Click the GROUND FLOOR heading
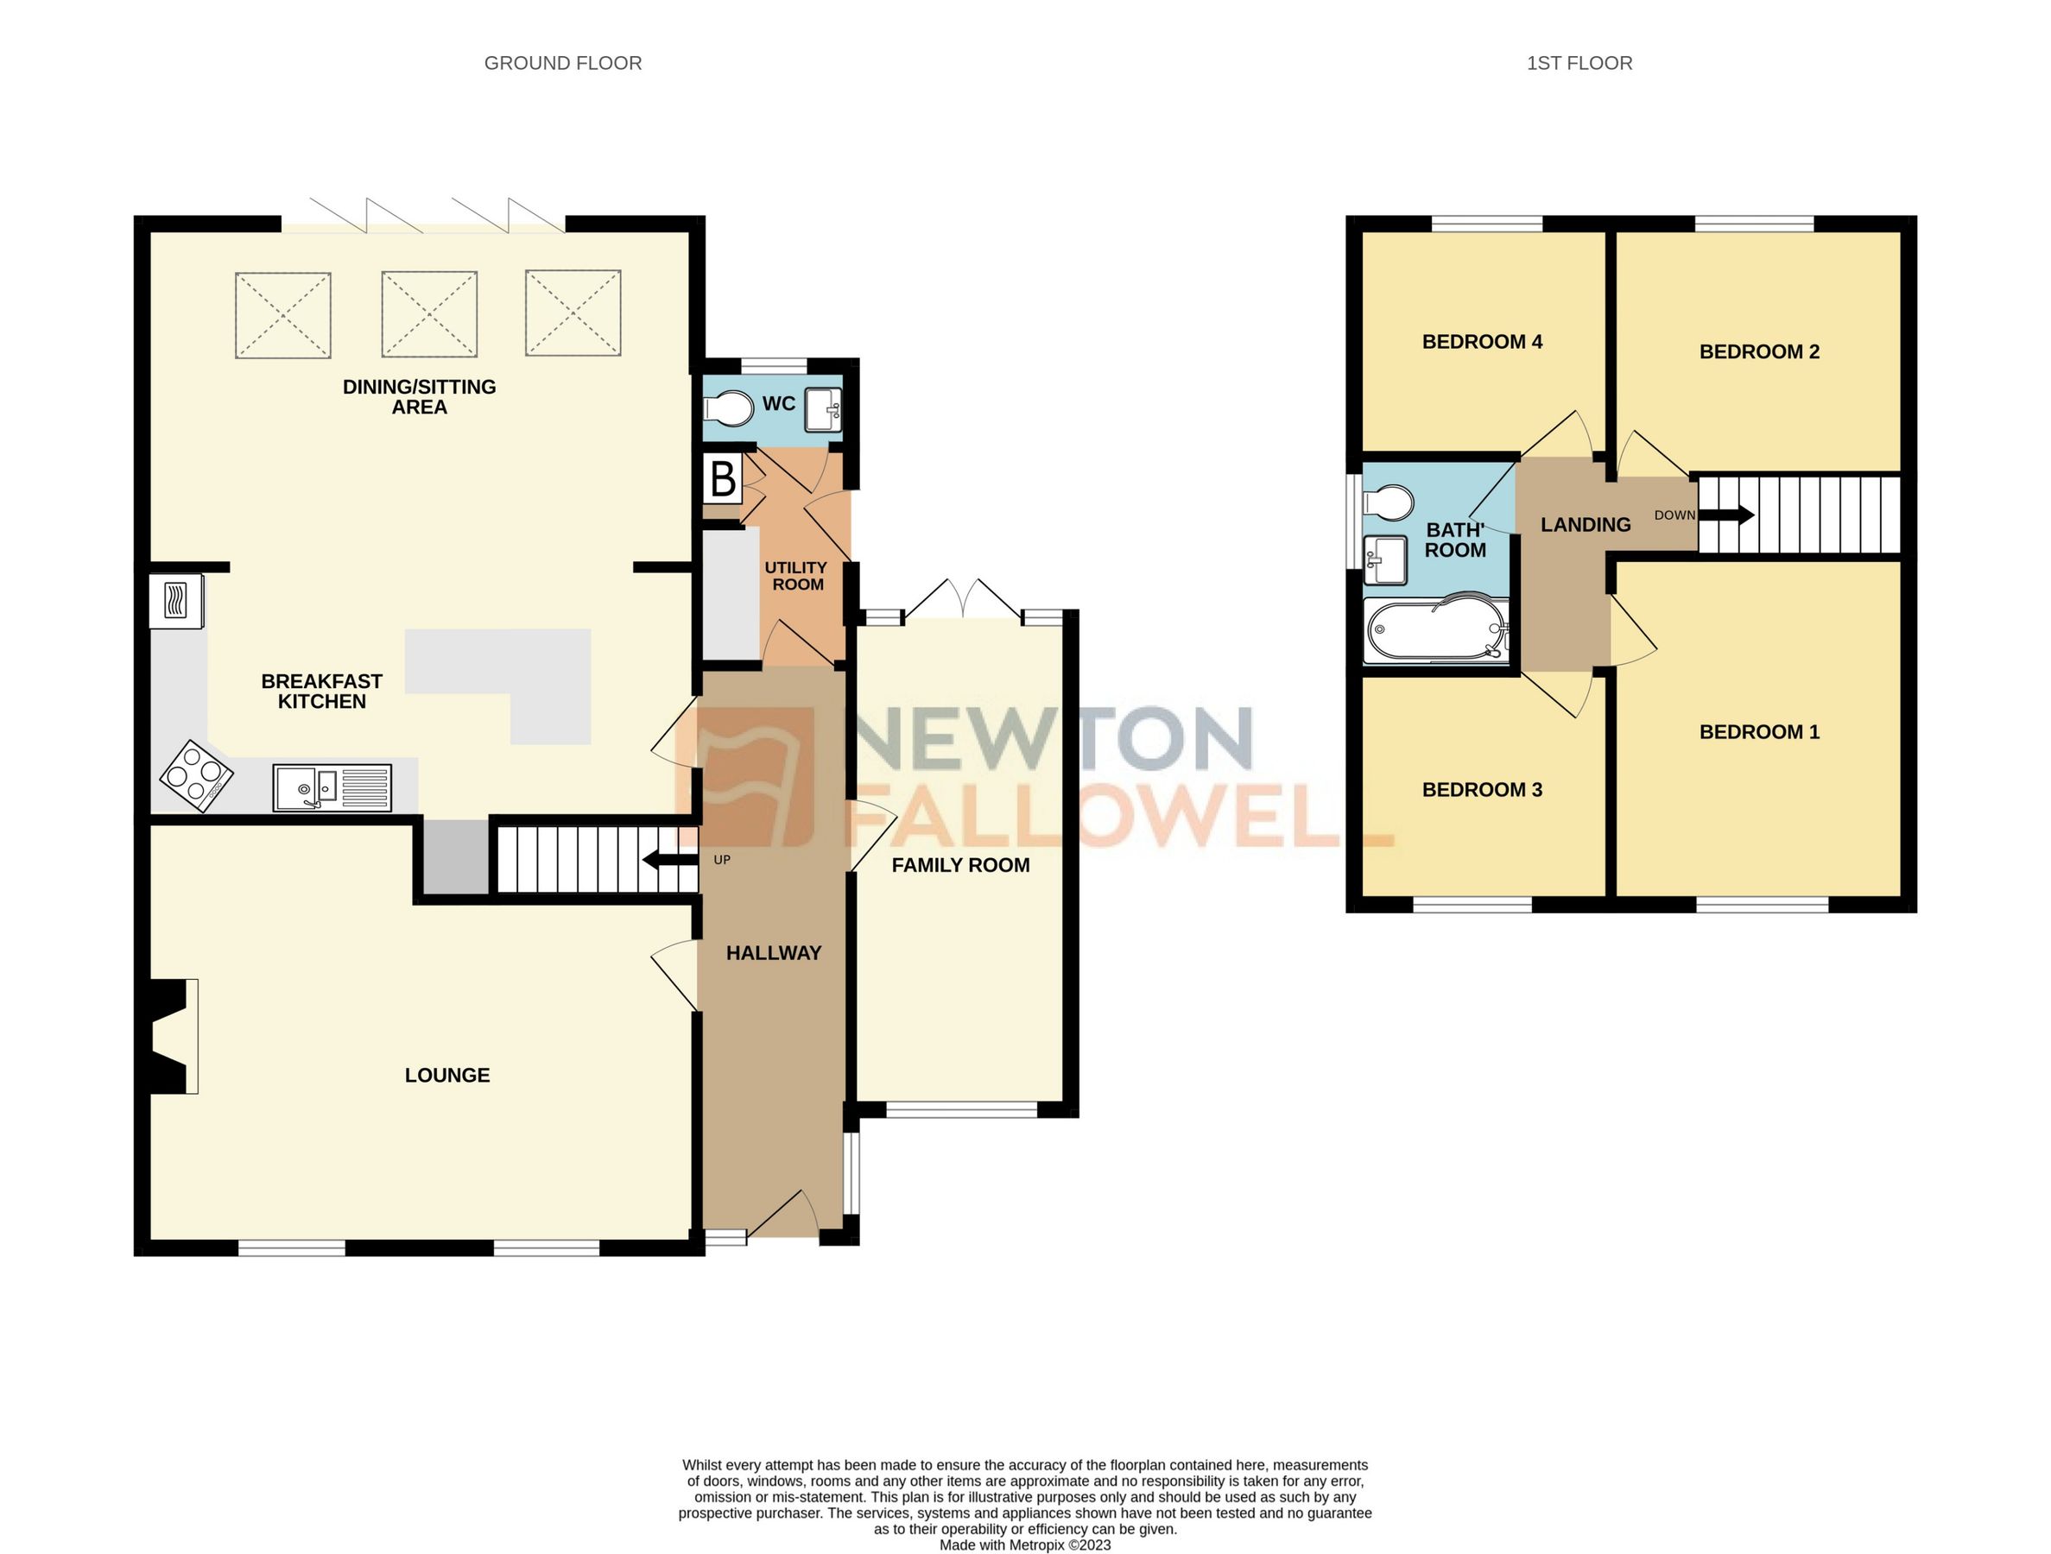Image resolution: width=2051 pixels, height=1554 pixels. [563, 63]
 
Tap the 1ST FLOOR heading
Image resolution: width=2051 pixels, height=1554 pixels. [1579, 63]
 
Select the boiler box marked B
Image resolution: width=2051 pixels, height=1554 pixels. [722, 478]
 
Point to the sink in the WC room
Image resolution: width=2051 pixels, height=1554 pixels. [823, 409]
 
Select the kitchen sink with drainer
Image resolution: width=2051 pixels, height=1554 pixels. [332, 787]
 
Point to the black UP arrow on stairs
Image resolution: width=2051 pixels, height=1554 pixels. [669, 860]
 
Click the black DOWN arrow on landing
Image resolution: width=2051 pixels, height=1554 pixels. [1725, 515]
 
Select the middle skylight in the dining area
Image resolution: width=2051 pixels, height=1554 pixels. [429, 313]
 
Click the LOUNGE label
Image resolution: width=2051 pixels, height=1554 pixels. [447, 1075]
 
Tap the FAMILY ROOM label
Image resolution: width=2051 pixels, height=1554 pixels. [960, 865]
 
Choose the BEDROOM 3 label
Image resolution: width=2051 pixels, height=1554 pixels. [1482, 789]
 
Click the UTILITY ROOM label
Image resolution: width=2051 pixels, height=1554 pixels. [796, 575]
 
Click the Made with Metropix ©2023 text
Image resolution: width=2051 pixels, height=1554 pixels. [1024, 1545]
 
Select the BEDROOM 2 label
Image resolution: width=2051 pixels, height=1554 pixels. [1759, 351]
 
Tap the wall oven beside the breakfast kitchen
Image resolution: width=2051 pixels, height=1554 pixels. [176, 601]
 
